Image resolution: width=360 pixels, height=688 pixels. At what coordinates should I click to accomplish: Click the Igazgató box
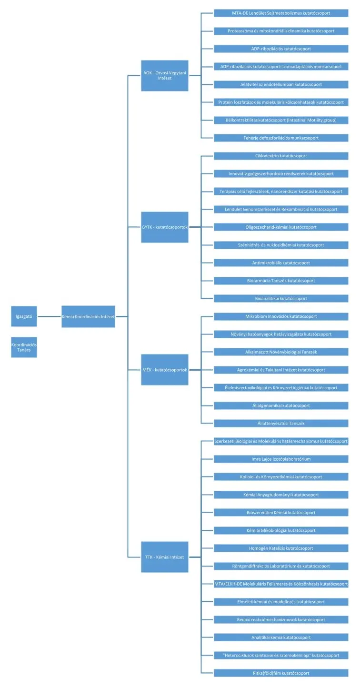click(24, 316)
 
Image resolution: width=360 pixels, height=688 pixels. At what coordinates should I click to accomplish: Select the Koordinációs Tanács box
click(24, 347)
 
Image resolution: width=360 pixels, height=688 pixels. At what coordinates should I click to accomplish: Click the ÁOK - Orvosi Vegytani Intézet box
click(165, 75)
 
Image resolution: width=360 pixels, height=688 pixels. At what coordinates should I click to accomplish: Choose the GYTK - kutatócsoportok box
click(165, 227)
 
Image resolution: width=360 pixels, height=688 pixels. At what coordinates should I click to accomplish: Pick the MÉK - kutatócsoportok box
click(165, 369)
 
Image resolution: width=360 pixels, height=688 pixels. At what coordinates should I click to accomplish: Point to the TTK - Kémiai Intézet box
click(165, 556)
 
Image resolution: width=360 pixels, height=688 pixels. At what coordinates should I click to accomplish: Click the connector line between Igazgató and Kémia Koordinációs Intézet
click(50, 316)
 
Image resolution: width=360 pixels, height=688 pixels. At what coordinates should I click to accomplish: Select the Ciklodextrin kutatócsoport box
click(281, 156)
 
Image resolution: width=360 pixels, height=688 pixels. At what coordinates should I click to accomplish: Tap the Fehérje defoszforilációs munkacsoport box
click(281, 138)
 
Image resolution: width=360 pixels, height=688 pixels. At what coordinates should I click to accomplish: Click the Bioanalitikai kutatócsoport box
click(281, 299)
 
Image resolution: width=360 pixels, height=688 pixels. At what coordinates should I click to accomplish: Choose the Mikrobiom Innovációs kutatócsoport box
click(281, 316)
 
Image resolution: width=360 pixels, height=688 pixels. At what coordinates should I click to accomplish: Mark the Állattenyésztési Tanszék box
click(281, 423)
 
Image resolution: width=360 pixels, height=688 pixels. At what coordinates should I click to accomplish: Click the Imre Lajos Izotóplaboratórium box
click(281, 459)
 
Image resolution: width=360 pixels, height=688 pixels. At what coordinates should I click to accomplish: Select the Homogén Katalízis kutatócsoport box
click(281, 548)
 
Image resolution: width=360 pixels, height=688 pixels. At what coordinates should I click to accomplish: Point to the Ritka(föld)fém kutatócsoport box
click(281, 673)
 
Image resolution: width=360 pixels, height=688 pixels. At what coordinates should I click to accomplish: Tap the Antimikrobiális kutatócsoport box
click(281, 263)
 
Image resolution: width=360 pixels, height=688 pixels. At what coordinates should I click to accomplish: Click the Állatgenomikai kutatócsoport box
click(281, 405)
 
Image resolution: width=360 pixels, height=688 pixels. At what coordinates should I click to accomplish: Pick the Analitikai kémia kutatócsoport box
click(281, 637)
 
